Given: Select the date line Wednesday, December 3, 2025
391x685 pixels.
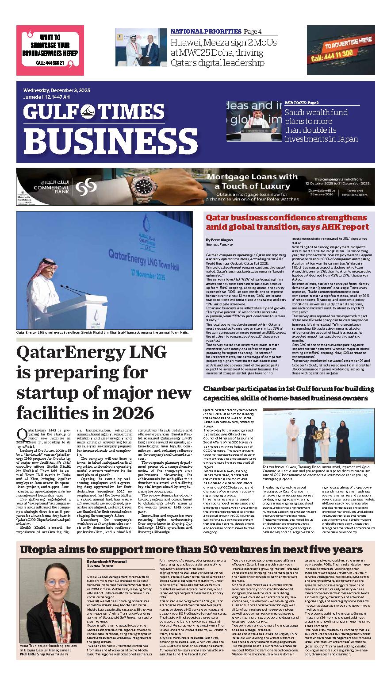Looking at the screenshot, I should pyautogui.click(x=57, y=90).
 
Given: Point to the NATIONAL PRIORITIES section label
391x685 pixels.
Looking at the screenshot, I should pyautogui.click(x=206, y=31).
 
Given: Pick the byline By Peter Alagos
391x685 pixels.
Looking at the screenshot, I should pyautogui.click(x=216, y=239).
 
